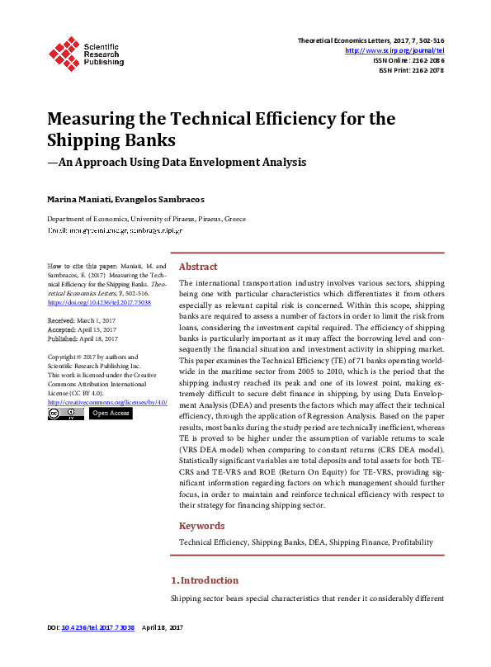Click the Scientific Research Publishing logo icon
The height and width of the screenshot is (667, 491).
coord(62,52)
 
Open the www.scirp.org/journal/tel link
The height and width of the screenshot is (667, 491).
coord(399,50)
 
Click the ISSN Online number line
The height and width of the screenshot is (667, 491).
coord(409,60)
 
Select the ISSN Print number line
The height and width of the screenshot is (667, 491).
coord(412,70)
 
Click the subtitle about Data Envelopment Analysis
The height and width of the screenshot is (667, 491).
coord(177,163)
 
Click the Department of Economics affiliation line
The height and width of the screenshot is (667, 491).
coord(146,220)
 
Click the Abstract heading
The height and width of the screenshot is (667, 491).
coord(198,267)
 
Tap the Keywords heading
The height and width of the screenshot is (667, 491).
coord(201,526)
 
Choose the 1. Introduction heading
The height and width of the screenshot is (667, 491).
coord(204,580)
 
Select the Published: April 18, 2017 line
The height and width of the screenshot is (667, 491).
coord(83,338)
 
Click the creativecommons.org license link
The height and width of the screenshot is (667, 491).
coord(107,402)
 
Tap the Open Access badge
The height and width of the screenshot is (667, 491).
coord(110,413)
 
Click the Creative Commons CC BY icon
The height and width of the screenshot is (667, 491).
coord(65,414)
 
